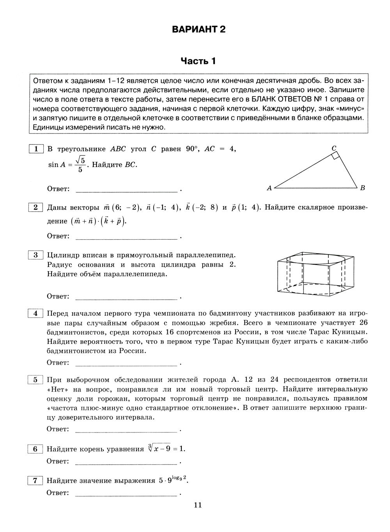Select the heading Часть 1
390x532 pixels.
point(198,61)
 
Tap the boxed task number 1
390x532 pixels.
point(35,149)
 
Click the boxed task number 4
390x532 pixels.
point(35,313)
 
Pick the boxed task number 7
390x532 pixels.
point(35,480)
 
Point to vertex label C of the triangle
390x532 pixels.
point(334,148)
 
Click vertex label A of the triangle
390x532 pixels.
point(269,188)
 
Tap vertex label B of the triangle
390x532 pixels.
point(362,188)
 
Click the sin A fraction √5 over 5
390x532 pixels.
point(80,164)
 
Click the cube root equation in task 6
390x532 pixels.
point(166,448)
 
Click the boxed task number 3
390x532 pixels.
point(35,255)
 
